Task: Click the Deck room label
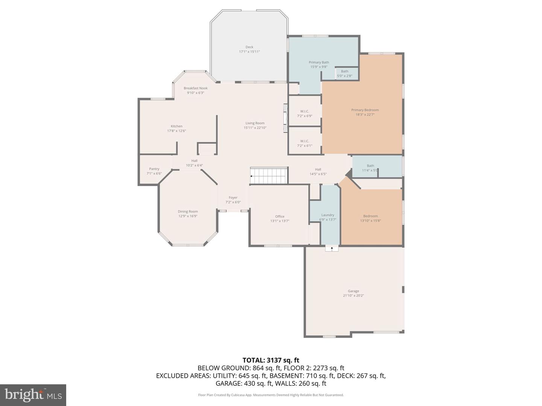click(x=249, y=47)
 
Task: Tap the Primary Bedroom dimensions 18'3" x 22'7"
click(x=365, y=115)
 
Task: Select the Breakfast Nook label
click(x=196, y=88)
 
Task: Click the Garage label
click(x=353, y=291)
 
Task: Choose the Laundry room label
click(x=328, y=215)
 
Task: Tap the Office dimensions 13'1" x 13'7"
click(x=280, y=221)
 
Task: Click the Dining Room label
click(x=188, y=212)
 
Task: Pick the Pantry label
click(x=154, y=169)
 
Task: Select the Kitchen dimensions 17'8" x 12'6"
click(x=177, y=131)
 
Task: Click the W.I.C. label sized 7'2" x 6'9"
click(x=305, y=111)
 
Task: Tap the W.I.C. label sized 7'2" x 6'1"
click(x=305, y=141)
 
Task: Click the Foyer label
click(x=233, y=197)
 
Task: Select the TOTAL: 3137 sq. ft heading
click(x=271, y=361)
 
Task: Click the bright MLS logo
click(x=33, y=395)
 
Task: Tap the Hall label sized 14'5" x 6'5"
click(x=318, y=169)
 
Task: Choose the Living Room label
click(x=255, y=123)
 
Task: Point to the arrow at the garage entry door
click(x=332, y=248)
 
